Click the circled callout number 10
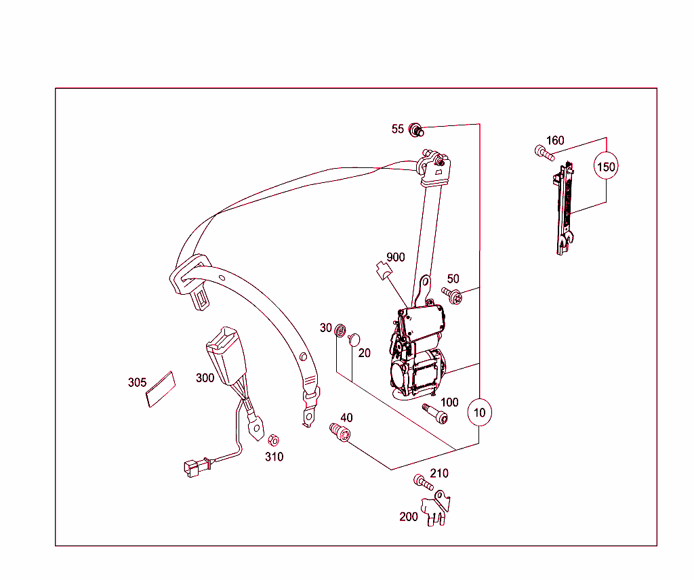click(x=479, y=413)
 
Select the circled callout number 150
click(x=606, y=167)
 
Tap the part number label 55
click(x=397, y=129)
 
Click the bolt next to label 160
click(x=544, y=153)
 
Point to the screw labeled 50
click(x=452, y=295)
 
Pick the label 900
click(x=395, y=257)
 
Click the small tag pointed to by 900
click(x=384, y=270)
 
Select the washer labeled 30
click(x=340, y=330)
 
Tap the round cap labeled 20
click(x=354, y=339)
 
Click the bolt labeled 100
click(x=435, y=413)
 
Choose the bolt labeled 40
click(x=340, y=432)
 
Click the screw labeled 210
click(x=423, y=482)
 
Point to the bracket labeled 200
click(x=436, y=508)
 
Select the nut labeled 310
click(x=274, y=440)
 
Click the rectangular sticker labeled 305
click(x=161, y=390)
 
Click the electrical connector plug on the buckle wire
click(x=195, y=468)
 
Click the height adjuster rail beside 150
click(x=563, y=209)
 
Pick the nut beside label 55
click(x=416, y=130)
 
